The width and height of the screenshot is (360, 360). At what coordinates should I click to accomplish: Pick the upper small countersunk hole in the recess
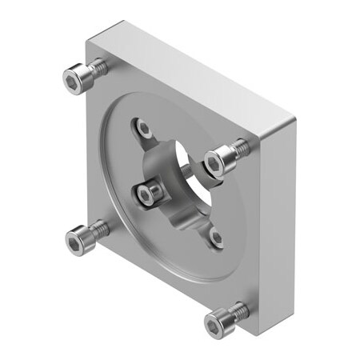pyautogui.click(x=143, y=127)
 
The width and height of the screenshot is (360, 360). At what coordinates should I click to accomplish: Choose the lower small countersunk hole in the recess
pyautogui.click(x=215, y=237)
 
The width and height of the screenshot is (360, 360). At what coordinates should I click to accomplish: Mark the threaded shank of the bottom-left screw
pyautogui.click(x=99, y=229)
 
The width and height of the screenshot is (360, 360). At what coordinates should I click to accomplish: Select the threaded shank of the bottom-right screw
pyautogui.click(x=239, y=311)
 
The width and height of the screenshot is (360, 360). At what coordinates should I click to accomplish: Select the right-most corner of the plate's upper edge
pyautogui.click(x=295, y=121)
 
